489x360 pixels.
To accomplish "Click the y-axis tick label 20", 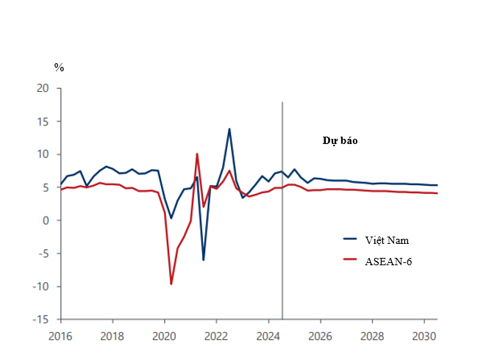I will point(43,88).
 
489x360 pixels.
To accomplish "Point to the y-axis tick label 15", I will point(43,121).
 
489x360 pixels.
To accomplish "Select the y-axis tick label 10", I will point(43,154).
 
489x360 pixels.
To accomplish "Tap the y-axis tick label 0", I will point(46,220).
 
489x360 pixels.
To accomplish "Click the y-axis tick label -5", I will point(43,253).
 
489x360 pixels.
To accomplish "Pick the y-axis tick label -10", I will point(41,287).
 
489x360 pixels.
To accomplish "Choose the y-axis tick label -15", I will point(41,320).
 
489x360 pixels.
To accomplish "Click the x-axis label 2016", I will point(60,336).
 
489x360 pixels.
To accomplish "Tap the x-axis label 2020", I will point(164,336).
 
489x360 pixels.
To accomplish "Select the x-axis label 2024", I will point(268,336).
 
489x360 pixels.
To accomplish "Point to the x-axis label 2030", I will point(424,336).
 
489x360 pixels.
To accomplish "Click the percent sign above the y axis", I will point(60,67).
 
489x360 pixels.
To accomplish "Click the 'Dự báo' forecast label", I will point(340,140).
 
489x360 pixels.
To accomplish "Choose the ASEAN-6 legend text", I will point(389,261).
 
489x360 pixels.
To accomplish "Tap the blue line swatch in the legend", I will point(351,240).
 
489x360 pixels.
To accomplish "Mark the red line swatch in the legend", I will point(351,261).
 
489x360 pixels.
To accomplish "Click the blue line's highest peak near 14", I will point(229,129).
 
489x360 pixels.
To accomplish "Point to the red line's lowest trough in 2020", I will point(171,284).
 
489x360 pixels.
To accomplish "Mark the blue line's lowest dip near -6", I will point(204,259).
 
